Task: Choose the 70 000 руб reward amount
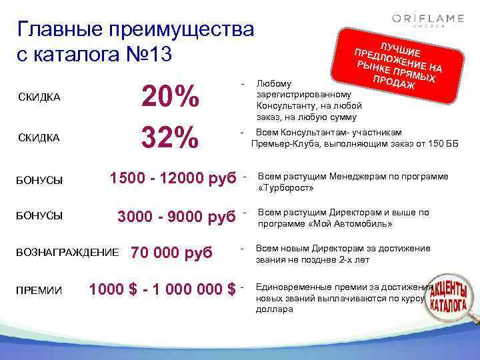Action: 171,253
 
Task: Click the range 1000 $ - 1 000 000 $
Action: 162,289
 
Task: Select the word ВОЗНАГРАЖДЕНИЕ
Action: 67,254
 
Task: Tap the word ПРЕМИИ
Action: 39,291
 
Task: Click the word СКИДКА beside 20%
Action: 39,99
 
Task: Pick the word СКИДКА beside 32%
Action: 39,137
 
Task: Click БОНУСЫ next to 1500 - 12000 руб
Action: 40,181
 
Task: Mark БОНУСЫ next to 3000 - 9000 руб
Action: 40,216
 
